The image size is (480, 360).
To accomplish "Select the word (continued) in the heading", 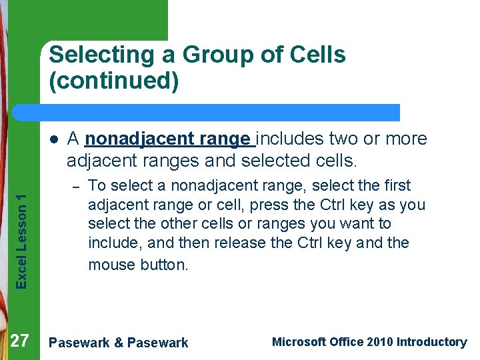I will pos(114,81).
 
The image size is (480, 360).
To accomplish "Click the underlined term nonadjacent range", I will pos(169,139).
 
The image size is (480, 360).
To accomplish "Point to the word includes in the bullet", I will pos(291,139).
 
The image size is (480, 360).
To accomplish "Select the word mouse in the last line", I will pos(111,265).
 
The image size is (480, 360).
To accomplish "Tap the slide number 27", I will pos(20,341).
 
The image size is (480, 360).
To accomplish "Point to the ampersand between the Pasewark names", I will pos(118,343).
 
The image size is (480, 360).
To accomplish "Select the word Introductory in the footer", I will pos(431,342).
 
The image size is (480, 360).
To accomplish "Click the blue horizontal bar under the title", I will pos(220,112).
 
